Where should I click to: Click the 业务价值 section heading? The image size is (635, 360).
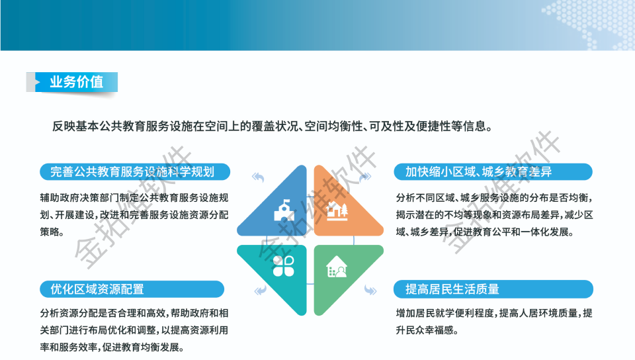point(77,82)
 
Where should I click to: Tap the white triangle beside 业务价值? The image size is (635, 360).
point(38,82)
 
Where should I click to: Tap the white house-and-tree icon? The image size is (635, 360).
point(337,210)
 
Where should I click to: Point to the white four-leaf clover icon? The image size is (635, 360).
point(284,266)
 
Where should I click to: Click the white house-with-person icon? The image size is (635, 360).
point(337,267)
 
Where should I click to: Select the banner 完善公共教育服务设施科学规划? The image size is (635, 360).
point(135,171)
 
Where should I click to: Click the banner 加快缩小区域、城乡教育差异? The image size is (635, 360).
point(493,171)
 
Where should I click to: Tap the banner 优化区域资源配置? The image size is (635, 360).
point(132,289)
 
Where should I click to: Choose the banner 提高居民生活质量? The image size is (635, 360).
point(493,289)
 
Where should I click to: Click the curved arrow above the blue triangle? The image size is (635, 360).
point(258,177)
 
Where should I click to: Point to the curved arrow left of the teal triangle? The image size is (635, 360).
point(261,291)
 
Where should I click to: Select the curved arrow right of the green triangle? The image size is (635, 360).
point(370,290)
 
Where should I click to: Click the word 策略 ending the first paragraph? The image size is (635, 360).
point(50,232)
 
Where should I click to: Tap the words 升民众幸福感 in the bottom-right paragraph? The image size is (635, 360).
point(425,330)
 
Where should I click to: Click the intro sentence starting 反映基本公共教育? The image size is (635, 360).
point(272,126)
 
